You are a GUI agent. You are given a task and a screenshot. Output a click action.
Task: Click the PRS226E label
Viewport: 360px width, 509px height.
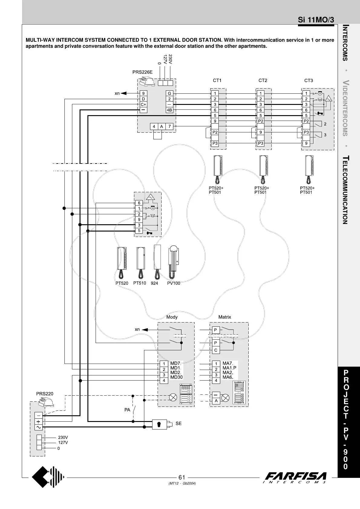click(142, 72)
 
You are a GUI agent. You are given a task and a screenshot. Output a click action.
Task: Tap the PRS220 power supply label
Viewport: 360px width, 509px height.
click(45, 394)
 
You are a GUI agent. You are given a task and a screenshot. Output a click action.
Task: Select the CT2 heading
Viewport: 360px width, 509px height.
click(263, 80)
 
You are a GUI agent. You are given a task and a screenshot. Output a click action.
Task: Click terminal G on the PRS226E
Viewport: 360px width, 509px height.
click(169, 93)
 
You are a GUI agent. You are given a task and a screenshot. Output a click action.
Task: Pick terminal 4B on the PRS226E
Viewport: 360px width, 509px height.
click(169, 110)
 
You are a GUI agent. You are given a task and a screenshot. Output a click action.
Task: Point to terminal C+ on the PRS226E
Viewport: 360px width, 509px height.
click(143, 104)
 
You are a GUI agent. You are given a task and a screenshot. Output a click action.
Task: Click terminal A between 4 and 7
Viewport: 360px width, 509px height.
click(162, 126)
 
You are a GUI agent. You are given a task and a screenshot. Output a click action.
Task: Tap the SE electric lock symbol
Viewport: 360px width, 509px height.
click(159, 424)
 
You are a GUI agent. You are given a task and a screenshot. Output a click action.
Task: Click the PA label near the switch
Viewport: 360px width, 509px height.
click(127, 410)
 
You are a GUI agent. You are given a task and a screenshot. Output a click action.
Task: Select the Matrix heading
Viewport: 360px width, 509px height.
click(225, 317)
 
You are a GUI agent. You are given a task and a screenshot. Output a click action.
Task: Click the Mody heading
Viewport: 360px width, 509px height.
click(172, 317)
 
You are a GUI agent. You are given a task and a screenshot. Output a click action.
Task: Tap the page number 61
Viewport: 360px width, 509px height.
click(182, 477)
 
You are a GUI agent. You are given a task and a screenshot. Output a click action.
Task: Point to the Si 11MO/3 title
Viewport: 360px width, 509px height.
click(316, 20)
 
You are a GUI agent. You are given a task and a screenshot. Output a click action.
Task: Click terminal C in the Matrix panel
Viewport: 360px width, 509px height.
click(216, 350)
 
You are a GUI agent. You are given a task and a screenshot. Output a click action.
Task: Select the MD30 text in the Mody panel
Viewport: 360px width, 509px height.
click(176, 377)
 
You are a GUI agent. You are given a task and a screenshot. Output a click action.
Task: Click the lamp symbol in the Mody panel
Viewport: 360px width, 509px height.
click(173, 397)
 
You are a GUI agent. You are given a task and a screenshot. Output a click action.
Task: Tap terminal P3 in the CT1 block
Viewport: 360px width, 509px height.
click(215, 143)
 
